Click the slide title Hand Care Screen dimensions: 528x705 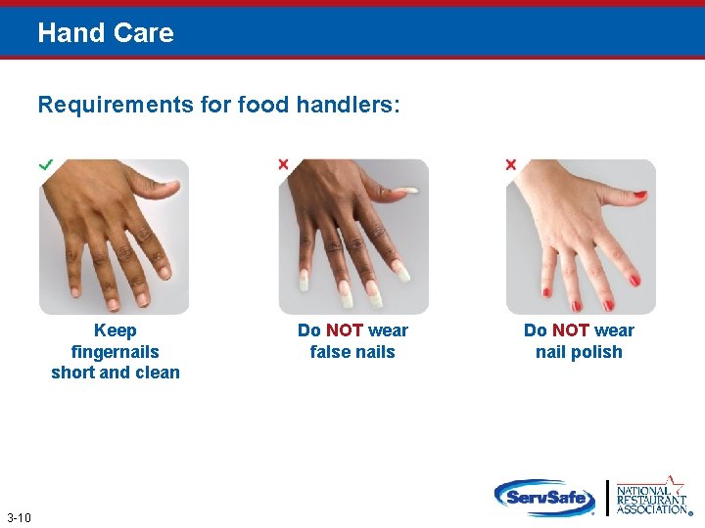(x=106, y=33)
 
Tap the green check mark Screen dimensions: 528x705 (x=45, y=165)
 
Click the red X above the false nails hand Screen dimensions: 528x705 (x=284, y=164)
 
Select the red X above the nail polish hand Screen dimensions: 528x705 (x=510, y=164)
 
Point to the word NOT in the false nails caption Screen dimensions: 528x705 (x=345, y=330)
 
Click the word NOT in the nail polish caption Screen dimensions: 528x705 (x=571, y=330)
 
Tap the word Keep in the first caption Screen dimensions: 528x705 (x=116, y=330)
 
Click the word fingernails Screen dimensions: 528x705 (x=116, y=351)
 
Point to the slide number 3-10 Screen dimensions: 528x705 (x=19, y=517)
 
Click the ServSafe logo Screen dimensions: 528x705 (x=544, y=498)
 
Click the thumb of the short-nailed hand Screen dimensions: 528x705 (x=164, y=184)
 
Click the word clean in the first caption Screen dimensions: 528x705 (x=158, y=373)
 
